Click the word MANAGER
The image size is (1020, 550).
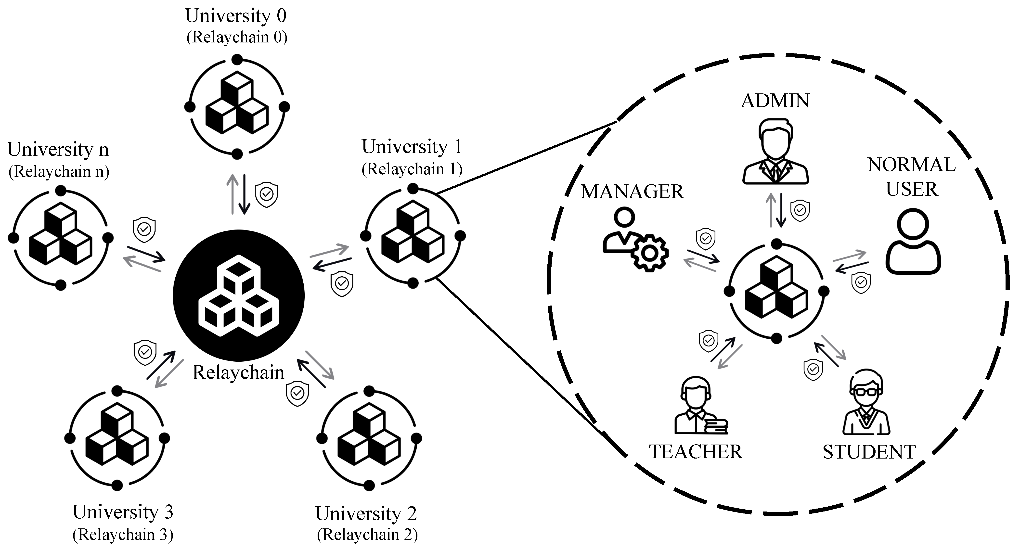632,192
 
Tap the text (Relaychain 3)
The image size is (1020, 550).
123,535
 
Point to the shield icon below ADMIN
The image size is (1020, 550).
800,210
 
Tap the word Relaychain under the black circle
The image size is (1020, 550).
238,372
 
